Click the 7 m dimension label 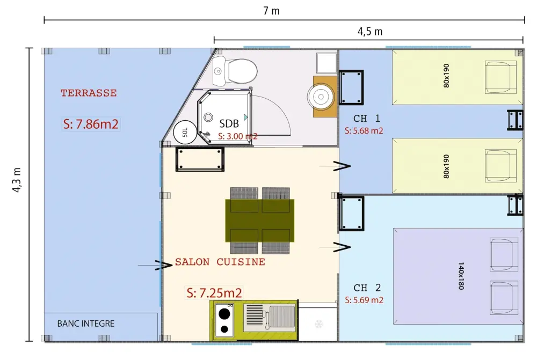pyautogui.click(x=271, y=11)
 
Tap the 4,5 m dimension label pyautogui.click(x=370, y=32)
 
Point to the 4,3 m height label pyautogui.click(x=17, y=180)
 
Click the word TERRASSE pyautogui.click(x=89, y=93)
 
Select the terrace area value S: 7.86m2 pyautogui.click(x=91, y=124)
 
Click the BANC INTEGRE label pyautogui.click(x=85, y=324)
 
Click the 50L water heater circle pyautogui.click(x=185, y=133)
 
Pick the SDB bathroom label pyautogui.click(x=229, y=123)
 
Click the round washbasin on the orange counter pyautogui.click(x=321, y=97)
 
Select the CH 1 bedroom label pyautogui.click(x=366, y=119)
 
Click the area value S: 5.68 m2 pyautogui.click(x=364, y=131)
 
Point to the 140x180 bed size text pyautogui.click(x=461, y=276)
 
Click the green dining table pyautogui.click(x=259, y=221)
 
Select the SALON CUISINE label pyautogui.click(x=220, y=262)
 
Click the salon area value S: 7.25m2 pyautogui.click(x=214, y=293)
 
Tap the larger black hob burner pyautogui.click(x=224, y=313)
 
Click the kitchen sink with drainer pyautogui.click(x=269, y=318)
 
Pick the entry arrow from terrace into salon pyautogui.click(x=155, y=265)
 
